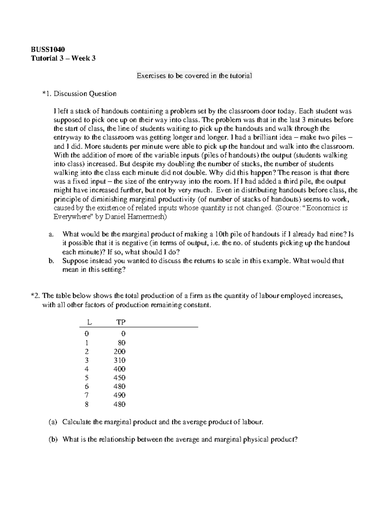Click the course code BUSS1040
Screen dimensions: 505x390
tap(48, 49)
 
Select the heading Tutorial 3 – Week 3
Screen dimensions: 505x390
tap(63, 59)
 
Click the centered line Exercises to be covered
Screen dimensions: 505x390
tap(194, 76)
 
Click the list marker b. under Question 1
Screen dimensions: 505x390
tap(50, 261)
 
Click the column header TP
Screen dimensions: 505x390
tap(121, 322)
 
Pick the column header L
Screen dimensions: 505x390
tap(89, 322)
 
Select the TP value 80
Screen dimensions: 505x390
tap(122, 343)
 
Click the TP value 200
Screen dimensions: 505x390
tap(120, 352)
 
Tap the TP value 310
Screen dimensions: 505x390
tap(120, 360)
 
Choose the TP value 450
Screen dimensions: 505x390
tap(120, 378)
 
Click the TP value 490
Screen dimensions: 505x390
tap(120, 395)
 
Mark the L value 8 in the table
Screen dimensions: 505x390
tap(86, 405)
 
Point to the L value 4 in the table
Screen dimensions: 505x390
tap(86, 369)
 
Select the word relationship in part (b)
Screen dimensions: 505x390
tap(116, 440)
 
